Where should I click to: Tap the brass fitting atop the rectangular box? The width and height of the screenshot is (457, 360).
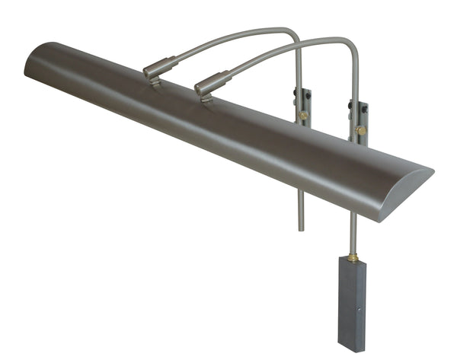pos(353,257)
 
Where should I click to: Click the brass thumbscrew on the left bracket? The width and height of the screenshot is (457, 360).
pos(303,115)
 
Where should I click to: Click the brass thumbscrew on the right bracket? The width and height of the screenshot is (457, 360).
pos(360,130)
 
